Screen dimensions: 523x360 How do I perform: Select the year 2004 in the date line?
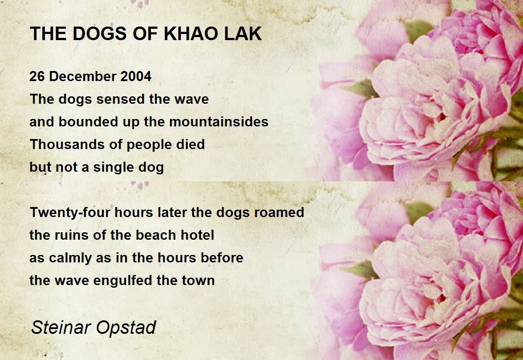[136, 76]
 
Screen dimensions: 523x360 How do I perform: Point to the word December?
[83, 76]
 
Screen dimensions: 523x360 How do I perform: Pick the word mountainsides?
[219, 122]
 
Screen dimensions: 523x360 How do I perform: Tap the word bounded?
[88, 122]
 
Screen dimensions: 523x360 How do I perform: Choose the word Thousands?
[68, 144]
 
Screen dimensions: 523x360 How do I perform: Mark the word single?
[113, 168]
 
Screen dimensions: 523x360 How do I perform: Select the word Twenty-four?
[70, 213]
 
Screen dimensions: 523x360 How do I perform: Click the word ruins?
[71, 235]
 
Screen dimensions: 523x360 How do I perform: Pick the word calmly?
[70, 258]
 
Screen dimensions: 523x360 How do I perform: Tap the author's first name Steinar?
[61, 327]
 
